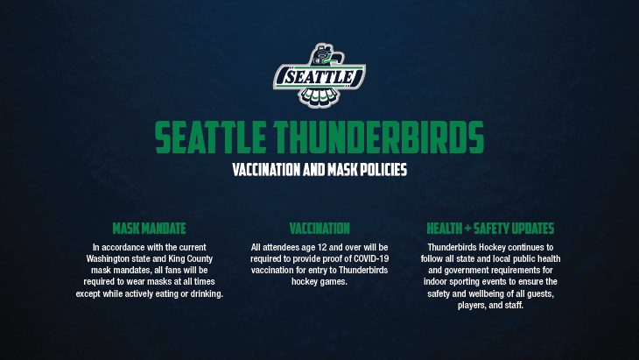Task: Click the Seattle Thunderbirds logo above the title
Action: click(x=319, y=75)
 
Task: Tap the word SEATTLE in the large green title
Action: click(x=210, y=137)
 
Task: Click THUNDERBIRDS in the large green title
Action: click(x=379, y=137)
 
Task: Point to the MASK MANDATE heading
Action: click(x=149, y=229)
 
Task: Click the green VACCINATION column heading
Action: click(x=319, y=229)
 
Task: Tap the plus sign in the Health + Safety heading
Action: click(x=467, y=229)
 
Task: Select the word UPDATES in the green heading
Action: click(x=533, y=229)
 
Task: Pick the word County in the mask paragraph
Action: click(x=200, y=259)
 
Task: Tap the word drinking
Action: click(x=207, y=293)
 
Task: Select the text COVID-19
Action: click(x=371, y=258)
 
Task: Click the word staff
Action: click(x=515, y=305)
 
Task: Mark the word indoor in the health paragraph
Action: click(x=435, y=282)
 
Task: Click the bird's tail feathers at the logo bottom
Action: click(x=319, y=96)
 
